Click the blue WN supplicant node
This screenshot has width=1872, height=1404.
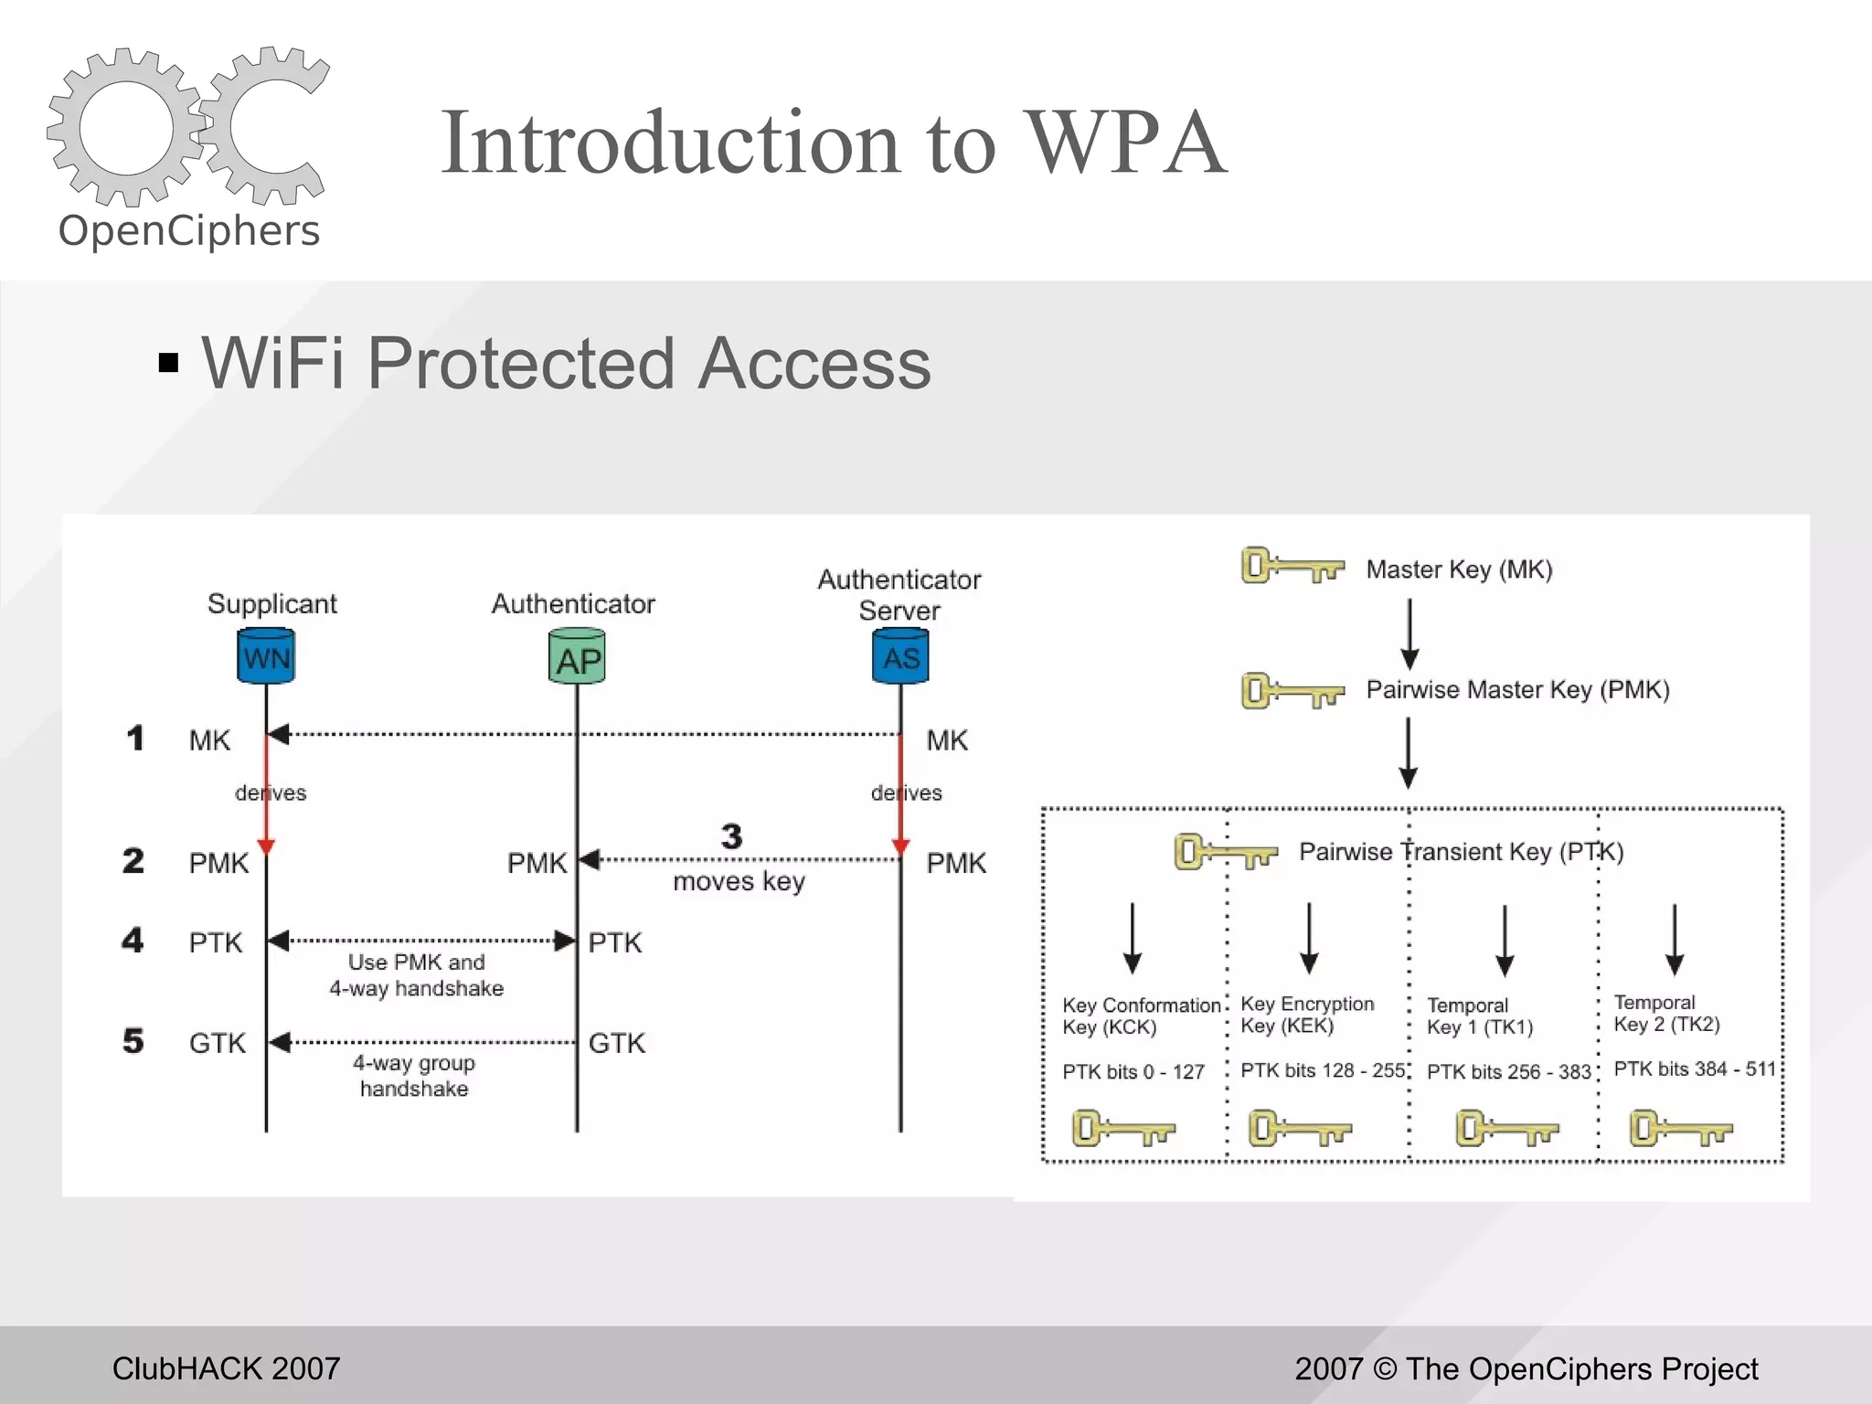266,656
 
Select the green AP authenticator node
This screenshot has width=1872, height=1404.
577,657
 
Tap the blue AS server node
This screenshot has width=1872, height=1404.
900,656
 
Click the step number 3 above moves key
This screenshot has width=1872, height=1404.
731,835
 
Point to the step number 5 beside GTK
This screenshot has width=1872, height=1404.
133,1040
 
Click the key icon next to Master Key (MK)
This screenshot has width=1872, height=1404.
1292,567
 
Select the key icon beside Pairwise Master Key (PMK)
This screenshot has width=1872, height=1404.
1292,690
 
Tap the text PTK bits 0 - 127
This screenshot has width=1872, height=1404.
1133,1071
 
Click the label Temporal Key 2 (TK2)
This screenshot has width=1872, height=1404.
1666,1013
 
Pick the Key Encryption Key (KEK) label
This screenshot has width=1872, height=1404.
1306,1015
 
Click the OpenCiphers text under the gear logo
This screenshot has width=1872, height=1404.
189,230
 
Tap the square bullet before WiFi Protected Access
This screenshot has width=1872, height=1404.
168,363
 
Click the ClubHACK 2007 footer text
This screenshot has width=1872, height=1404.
226,1368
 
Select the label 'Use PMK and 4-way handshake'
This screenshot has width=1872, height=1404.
417,975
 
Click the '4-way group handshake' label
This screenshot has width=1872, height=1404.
414,1076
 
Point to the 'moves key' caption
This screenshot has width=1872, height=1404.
739,881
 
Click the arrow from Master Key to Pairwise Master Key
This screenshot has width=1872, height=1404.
1409,633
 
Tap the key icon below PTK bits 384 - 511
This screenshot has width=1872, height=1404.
1680,1128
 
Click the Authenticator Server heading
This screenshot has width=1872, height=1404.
899,594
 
